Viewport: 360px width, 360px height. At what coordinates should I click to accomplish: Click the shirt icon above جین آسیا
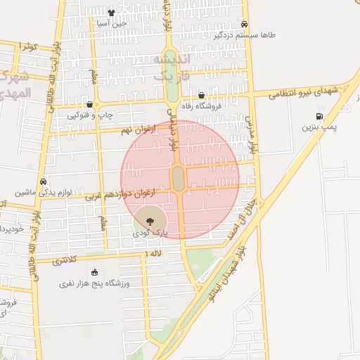[111, 13]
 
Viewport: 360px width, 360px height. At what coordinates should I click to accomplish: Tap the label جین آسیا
[111, 23]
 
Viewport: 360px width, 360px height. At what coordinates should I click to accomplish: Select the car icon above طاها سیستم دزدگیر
[244, 23]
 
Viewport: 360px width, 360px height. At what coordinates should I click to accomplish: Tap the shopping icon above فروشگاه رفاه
[201, 95]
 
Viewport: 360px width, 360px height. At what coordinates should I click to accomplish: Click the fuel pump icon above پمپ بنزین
[320, 116]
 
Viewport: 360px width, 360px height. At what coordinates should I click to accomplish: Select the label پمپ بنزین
[315, 127]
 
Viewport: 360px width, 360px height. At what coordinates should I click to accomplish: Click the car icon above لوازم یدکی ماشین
[44, 180]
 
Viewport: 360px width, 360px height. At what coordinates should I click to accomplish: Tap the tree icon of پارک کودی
[147, 221]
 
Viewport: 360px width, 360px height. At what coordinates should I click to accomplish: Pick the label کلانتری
[66, 260]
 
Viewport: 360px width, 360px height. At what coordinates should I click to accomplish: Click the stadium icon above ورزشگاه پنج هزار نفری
[95, 272]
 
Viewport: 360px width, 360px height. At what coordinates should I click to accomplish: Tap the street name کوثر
[27, 46]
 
